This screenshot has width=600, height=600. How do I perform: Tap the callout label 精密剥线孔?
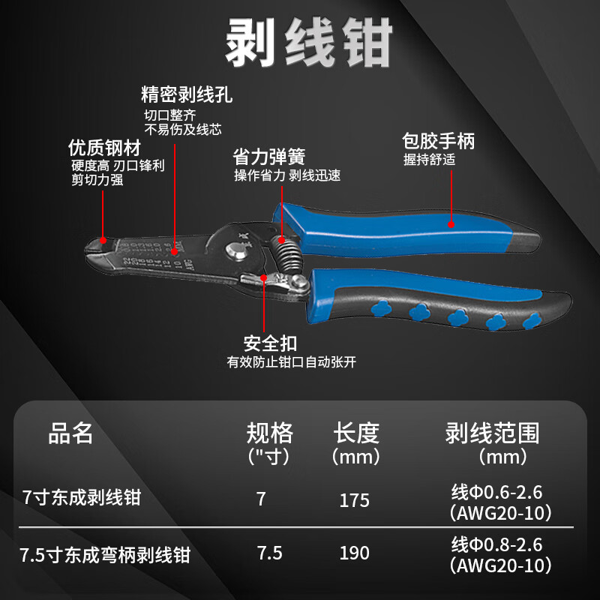point(187,95)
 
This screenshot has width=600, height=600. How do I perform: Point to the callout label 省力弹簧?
point(268,157)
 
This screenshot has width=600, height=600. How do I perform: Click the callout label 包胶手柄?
point(439,140)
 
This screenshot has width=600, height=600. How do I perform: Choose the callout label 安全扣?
point(270,343)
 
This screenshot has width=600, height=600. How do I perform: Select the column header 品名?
point(71,433)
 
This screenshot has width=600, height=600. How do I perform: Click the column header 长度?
point(356,433)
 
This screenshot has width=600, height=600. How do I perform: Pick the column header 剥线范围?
point(492,433)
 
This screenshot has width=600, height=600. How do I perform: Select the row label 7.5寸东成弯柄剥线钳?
point(106,556)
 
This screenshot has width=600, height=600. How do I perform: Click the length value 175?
point(354,499)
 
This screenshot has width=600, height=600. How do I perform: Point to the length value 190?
point(354,553)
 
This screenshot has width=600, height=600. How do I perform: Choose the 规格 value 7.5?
point(269,553)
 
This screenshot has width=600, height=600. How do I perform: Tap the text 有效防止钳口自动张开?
point(292,362)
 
